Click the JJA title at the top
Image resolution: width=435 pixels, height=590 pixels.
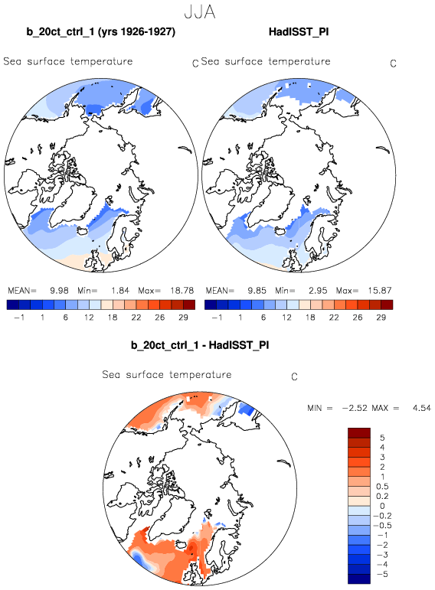pyautogui.click(x=200, y=11)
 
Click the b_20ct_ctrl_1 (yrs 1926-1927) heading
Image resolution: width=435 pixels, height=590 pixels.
pyautogui.click(x=100, y=31)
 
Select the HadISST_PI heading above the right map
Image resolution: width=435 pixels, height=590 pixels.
pyautogui.click(x=299, y=31)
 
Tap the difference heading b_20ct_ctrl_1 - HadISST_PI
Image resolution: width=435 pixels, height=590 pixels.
pyautogui.click(x=200, y=345)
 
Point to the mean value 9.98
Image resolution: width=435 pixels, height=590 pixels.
pyautogui.click(x=59, y=291)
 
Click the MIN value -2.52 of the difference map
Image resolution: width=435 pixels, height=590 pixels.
pyautogui.click(x=355, y=408)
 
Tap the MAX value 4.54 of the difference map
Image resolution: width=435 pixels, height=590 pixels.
pyautogui.click(x=421, y=408)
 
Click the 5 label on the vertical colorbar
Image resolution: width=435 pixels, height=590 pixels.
pyautogui.click(x=382, y=438)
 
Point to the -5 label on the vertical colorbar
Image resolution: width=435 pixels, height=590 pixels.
pyautogui.click(x=382, y=574)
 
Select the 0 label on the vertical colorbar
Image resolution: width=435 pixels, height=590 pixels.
pyautogui.click(x=382, y=506)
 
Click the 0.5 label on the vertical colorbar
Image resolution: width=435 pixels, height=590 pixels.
pyautogui.click(x=382, y=487)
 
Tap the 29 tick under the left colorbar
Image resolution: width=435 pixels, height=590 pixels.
pyautogui.click(x=183, y=318)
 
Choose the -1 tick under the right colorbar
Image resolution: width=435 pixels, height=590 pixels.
pyautogui.click(x=217, y=318)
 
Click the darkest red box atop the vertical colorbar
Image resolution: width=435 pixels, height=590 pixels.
pyautogui.click(x=359, y=432)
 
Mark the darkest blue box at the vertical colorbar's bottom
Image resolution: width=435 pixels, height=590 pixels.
pyautogui.click(x=359, y=579)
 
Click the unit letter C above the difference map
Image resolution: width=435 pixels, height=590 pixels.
pyautogui.click(x=295, y=376)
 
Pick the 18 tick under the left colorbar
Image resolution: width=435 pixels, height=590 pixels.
pyautogui.click(x=113, y=318)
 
